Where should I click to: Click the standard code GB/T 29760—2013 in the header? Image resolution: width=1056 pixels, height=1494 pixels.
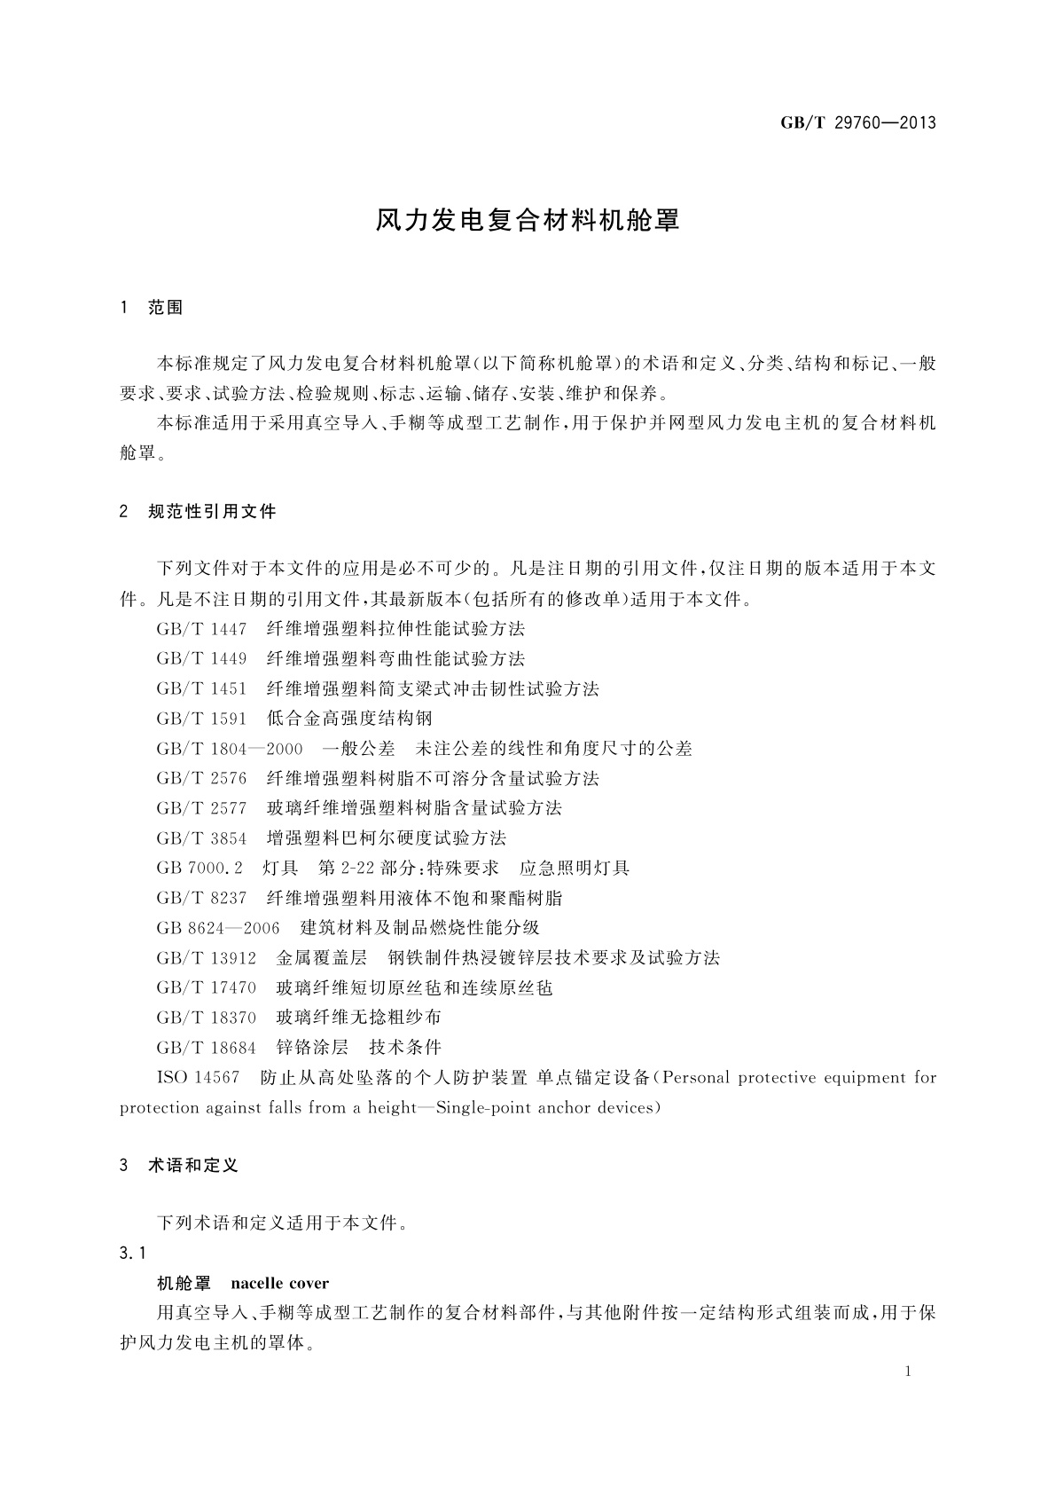tap(857, 123)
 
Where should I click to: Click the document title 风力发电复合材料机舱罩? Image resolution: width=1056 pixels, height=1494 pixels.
tap(528, 220)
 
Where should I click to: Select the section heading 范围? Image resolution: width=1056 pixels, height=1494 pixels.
tap(166, 308)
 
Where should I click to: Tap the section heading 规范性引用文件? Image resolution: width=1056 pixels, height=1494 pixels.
tap(212, 511)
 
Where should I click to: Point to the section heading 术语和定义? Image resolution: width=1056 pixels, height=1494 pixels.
tap(193, 1165)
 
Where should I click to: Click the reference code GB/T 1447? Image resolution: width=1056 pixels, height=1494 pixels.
tap(201, 629)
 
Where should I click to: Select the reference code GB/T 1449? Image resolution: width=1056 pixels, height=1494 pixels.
tap(201, 659)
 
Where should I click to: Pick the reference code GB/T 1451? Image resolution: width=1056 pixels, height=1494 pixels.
tap(201, 689)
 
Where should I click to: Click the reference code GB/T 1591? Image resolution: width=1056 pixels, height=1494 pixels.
tap(201, 719)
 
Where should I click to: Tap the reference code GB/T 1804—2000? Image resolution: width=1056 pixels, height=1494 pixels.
tap(230, 749)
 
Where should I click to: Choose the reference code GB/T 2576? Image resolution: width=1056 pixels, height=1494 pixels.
tap(201, 779)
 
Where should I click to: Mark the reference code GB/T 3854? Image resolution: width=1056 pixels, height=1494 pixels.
tap(201, 838)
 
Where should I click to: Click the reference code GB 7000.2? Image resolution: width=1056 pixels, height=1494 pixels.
tap(199, 869)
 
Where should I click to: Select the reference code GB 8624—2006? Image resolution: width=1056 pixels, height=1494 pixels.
tap(217, 928)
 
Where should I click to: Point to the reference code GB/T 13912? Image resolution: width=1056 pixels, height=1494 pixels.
tap(206, 958)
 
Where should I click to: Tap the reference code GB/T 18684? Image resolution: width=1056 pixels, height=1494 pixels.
tap(206, 1048)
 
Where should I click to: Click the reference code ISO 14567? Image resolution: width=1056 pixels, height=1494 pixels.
tap(198, 1078)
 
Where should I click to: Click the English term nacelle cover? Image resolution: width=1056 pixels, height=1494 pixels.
tap(279, 1283)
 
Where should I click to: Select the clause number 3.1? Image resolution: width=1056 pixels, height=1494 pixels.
tap(132, 1253)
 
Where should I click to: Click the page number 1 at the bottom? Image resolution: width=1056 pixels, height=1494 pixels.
tap(909, 1372)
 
